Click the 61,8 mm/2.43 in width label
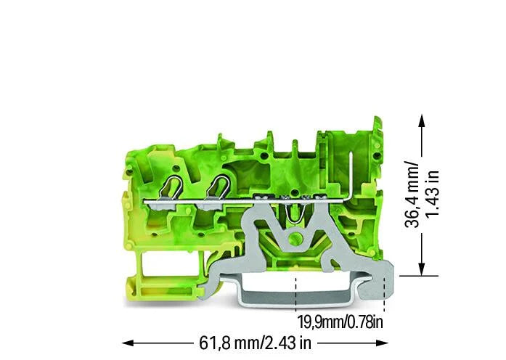tap(255, 343)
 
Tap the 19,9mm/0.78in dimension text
tap(340, 322)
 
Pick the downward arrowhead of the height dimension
tap(422, 269)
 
